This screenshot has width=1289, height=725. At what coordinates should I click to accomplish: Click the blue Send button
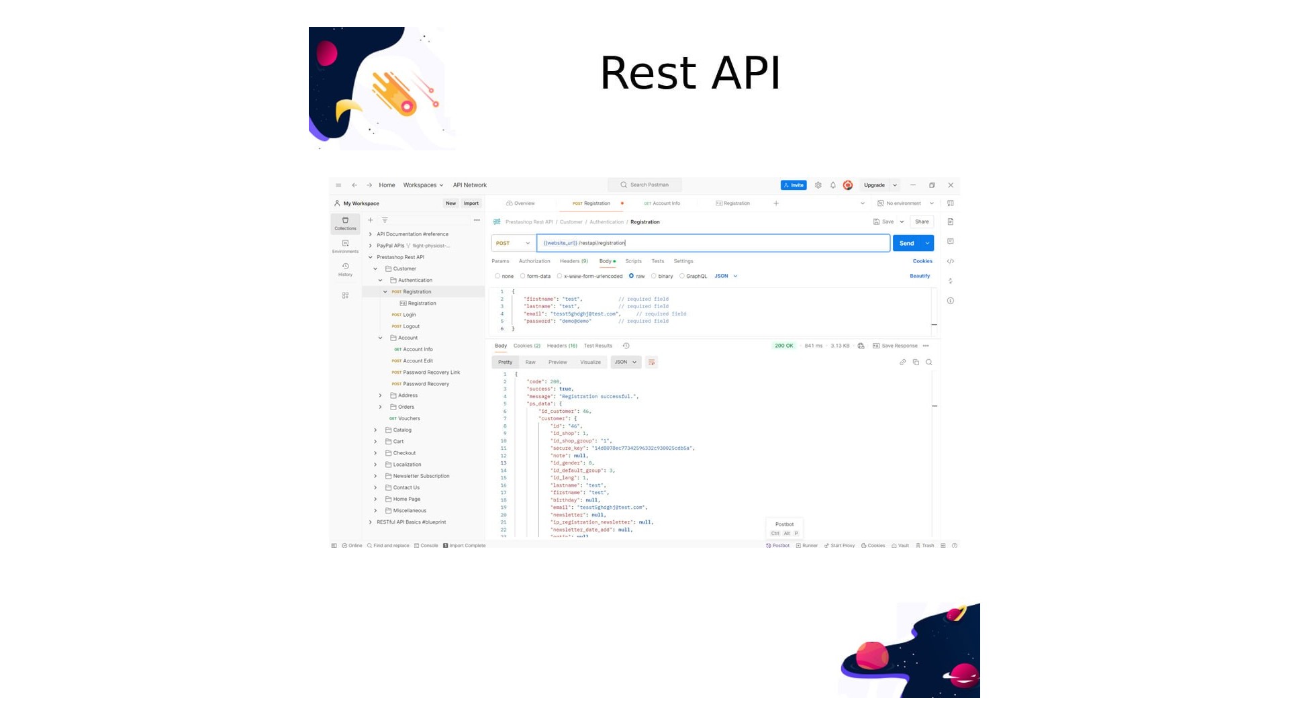click(906, 243)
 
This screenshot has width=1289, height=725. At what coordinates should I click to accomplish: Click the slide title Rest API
click(689, 72)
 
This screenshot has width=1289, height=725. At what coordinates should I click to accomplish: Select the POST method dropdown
click(513, 243)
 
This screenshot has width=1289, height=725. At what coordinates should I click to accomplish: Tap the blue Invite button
click(794, 185)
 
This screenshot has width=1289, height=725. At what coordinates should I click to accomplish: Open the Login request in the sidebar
click(409, 315)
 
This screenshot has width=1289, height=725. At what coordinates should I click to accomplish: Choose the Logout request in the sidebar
click(411, 326)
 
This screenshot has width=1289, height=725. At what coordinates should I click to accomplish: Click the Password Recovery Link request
click(431, 373)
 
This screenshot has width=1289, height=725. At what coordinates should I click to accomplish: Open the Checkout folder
click(404, 453)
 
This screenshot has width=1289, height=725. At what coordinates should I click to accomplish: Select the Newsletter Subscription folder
click(421, 476)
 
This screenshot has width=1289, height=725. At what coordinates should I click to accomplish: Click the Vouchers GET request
click(409, 418)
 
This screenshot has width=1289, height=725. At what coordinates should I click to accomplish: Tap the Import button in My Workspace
click(471, 203)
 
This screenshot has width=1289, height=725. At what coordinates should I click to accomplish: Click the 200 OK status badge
click(783, 346)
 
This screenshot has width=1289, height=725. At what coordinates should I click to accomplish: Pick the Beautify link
click(920, 276)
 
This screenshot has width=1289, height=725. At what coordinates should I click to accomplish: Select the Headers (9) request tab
click(573, 261)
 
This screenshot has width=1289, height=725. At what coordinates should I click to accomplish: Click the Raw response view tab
click(530, 362)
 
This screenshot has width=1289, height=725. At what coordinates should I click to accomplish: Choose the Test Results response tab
click(598, 346)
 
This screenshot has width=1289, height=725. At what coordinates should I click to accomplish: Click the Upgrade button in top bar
click(874, 185)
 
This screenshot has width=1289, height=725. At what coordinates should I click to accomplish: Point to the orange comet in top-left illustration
click(396, 95)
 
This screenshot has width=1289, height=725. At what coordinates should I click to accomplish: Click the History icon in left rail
click(345, 269)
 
